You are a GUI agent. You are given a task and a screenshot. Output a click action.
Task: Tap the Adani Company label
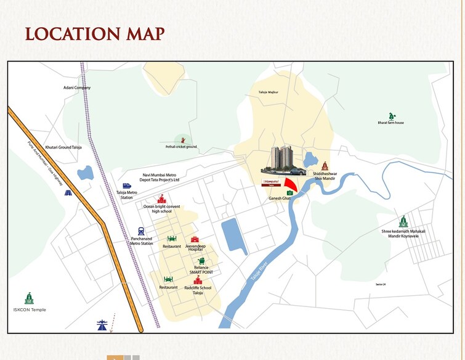coord(77,88)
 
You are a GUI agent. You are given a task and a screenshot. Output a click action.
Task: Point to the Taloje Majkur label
coord(269,92)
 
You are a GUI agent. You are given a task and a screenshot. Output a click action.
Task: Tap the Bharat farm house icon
coord(391,115)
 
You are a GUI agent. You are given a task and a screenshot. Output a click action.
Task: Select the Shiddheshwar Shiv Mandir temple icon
coord(325,166)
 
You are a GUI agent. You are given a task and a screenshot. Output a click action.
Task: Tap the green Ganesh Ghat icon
coord(289,192)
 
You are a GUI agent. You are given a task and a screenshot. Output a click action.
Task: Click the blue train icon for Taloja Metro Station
coord(126,185)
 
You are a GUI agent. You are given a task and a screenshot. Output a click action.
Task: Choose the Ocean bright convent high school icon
coord(161,198)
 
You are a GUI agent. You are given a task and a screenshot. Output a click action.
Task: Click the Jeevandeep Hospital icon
coord(195,239)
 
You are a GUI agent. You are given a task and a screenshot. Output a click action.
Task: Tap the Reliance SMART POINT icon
coord(201,261)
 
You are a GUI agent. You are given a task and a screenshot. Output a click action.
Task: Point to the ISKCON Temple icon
coord(29,298)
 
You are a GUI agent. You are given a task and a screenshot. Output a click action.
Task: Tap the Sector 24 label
coord(380,284)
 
